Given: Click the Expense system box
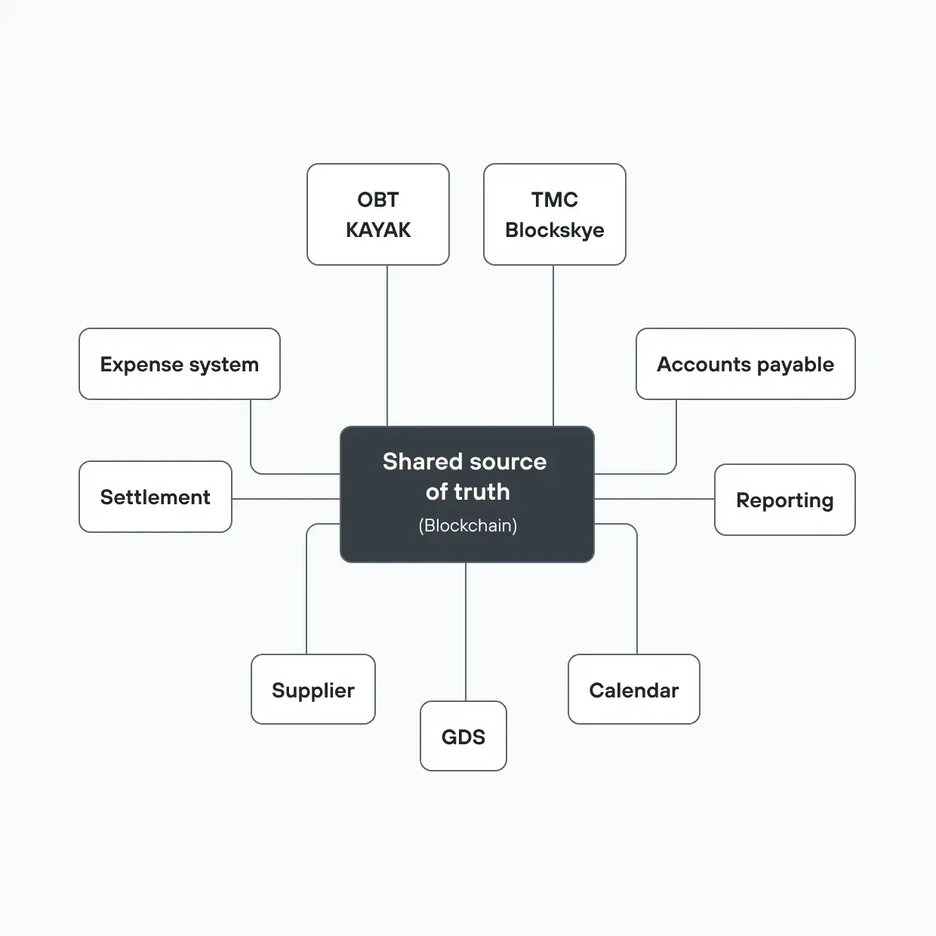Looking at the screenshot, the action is (179, 364).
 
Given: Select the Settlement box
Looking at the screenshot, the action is (155, 497).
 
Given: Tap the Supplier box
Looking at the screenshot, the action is (313, 688).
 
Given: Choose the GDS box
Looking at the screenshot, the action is (463, 735).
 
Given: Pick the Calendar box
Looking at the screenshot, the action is (634, 688).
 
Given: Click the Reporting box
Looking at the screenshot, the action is (785, 500).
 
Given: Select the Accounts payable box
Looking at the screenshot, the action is (746, 364).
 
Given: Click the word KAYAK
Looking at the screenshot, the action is (378, 229).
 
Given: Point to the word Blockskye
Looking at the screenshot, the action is (555, 230).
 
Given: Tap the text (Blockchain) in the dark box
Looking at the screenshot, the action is (468, 525).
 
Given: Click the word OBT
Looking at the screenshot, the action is (378, 199).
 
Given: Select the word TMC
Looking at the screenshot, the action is (555, 199).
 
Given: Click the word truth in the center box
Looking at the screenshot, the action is (482, 491).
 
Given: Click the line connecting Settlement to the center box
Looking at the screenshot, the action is (286, 498).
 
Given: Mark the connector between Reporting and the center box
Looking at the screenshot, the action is (654, 498).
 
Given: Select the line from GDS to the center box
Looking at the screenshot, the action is (465, 632).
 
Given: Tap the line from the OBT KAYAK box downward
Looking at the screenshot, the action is (387, 346).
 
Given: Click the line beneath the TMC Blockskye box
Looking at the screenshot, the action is (553, 346).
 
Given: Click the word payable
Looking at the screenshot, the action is (796, 365).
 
